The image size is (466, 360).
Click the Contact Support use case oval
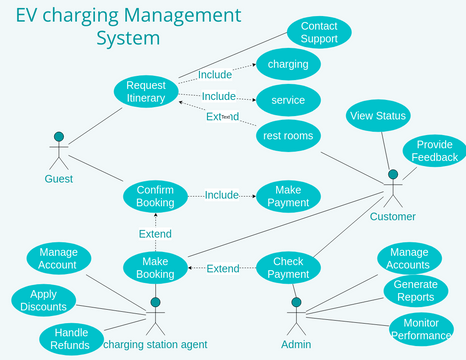[320, 32]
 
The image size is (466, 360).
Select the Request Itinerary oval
[146, 91]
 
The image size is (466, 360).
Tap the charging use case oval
[288, 65]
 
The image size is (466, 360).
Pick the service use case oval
[288, 100]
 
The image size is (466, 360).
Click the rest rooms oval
[288, 135]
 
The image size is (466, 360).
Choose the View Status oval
[378, 116]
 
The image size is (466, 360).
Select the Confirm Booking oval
[155, 195]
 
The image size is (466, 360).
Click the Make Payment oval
[288, 196]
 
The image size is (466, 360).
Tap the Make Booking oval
[155, 267]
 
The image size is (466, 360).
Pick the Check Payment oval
[290, 267]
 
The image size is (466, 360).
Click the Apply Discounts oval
[42, 300]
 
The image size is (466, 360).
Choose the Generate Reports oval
[414, 291]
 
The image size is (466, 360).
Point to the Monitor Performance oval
[428, 329]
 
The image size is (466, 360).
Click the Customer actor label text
[392, 217]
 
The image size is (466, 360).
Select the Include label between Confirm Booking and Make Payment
[221, 195]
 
